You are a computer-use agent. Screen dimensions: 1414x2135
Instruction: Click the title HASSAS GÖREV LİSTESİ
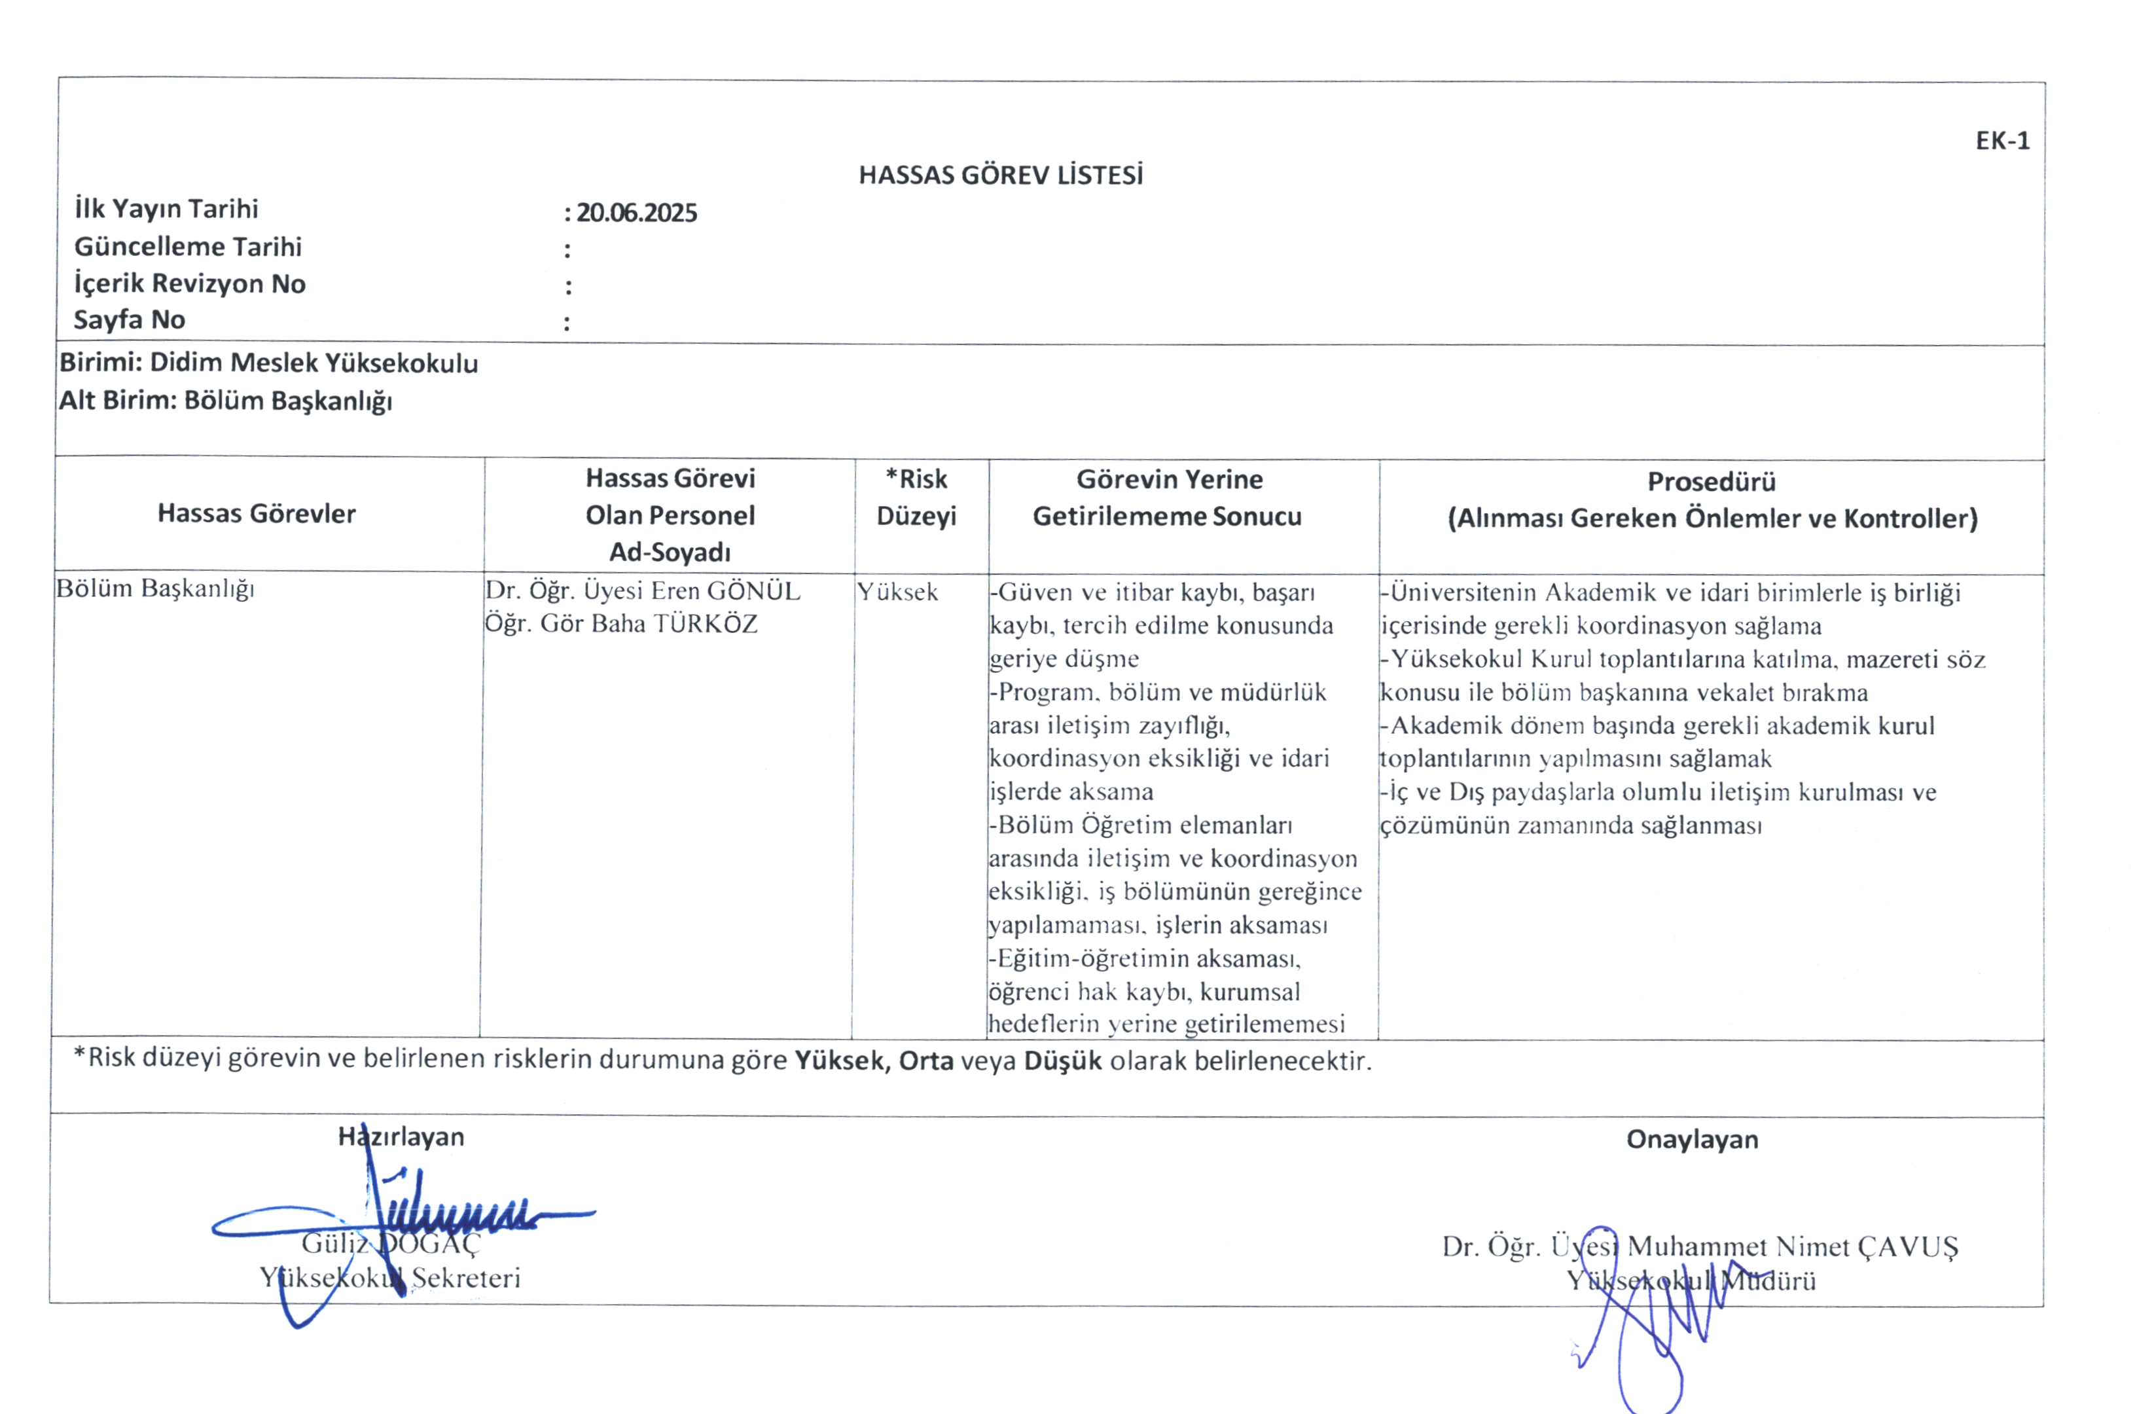[x=1000, y=175]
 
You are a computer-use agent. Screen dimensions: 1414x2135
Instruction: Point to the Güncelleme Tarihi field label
[x=188, y=246]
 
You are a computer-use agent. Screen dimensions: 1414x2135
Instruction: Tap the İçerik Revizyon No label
[x=189, y=283]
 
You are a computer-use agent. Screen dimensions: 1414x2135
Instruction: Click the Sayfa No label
[x=129, y=319]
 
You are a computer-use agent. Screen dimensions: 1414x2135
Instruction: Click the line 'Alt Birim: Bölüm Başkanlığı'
[x=225, y=401]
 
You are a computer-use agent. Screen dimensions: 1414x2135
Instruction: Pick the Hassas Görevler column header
[x=256, y=514]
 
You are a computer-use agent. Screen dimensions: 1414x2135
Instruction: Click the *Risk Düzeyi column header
[x=916, y=497]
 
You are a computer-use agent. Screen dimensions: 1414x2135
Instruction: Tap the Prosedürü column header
[x=1712, y=482]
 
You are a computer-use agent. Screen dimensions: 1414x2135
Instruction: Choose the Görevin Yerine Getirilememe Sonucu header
[x=1168, y=498]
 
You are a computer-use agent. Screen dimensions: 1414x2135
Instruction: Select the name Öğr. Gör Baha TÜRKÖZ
[x=620, y=624]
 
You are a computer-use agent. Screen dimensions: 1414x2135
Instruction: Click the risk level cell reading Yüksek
[x=897, y=592]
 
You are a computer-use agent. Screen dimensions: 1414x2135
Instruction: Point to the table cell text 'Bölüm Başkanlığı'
[x=155, y=589]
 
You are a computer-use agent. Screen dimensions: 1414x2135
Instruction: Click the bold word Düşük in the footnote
[x=1062, y=1060]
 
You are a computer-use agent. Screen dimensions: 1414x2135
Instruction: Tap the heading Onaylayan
[x=1691, y=1140]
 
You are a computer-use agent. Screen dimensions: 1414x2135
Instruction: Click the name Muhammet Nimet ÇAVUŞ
[x=1793, y=1246]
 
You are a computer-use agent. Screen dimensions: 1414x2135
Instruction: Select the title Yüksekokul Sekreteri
[x=389, y=1278]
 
